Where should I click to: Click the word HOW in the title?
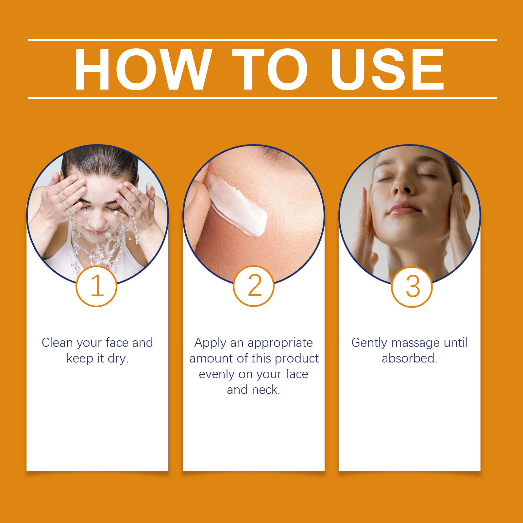click(x=143, y=69)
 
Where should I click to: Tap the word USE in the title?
click(x=387, y=69)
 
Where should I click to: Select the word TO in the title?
click(x=270, y=69)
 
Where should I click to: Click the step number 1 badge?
click(x=96, y=286)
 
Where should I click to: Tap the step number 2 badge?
click(x=254, y=286)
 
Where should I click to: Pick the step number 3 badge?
click(x=412, y=287)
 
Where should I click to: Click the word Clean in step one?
click(x=57, y=343)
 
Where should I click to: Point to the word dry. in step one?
click(x=118, y=359)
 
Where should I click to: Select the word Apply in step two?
click(x=211, y=343)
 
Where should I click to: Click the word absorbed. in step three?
click(x=410, y=358)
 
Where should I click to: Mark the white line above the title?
click(x=262, y=40)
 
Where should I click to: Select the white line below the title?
click(x=262, y=98)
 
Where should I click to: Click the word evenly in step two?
click(x=217, y=375)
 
